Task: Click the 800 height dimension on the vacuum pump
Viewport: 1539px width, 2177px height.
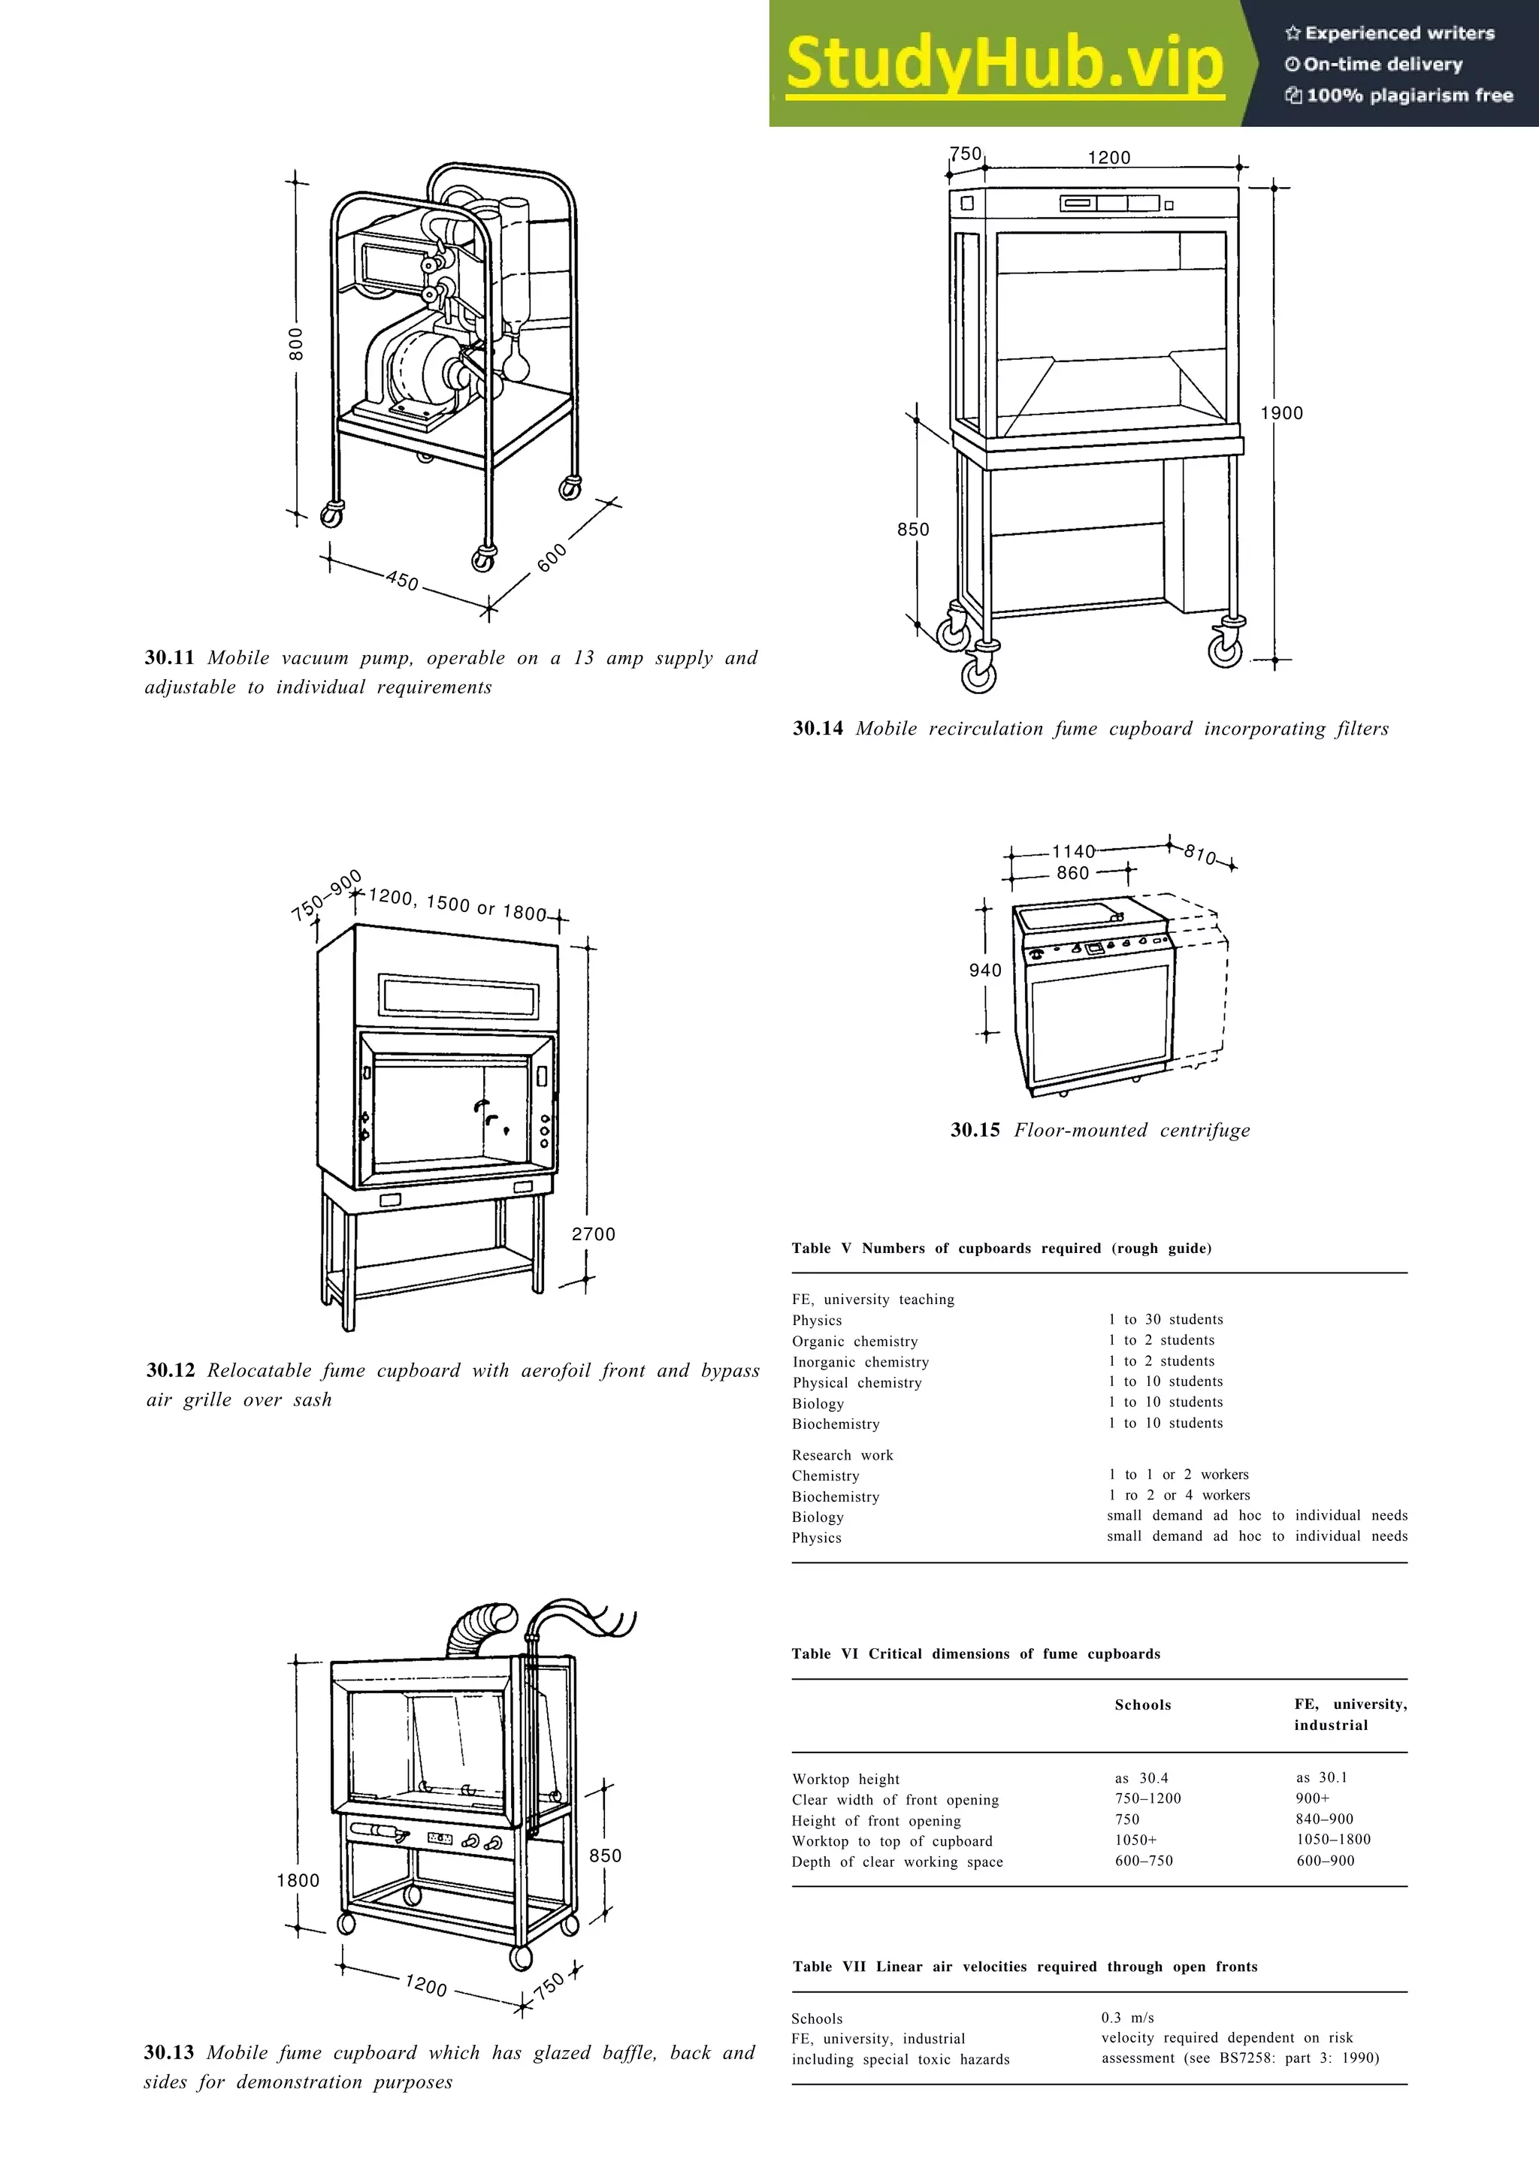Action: (x=297, y=344)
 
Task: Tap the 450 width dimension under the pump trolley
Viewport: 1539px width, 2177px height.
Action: (x=403, y=580)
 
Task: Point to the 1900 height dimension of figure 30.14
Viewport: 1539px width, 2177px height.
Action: (x=1281, y=412)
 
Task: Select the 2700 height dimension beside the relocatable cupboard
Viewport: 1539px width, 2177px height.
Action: (x=594, y=1233)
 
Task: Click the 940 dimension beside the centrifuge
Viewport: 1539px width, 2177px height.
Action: (x=985, y=970)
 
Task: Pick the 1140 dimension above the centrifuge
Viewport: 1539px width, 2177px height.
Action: (x=1073, y=851)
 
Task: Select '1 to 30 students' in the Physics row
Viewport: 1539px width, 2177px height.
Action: (x=1166, y=1319)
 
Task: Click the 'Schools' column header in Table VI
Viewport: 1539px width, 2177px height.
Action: (x=1143, y=1704)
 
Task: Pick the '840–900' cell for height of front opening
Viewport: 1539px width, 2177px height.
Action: (x=1325, y=1819)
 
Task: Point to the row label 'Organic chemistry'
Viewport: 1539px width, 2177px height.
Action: (x=854, y=1341)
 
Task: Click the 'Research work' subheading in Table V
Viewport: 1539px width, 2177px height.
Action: (x=842, y=1454)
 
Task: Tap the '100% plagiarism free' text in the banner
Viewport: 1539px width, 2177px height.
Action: (x=1409, y=95)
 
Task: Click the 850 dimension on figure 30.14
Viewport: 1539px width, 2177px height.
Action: (x=913, y=529)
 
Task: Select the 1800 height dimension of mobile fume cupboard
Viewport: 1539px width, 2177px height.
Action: (x=298, y=1880)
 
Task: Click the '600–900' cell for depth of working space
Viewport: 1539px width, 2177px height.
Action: (x=1325, y=1860)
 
